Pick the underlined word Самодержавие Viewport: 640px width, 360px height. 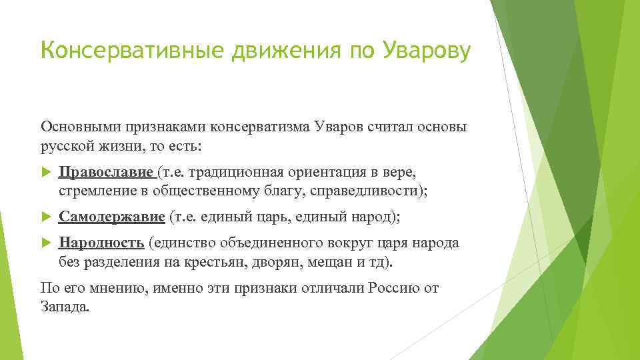pos(111,217)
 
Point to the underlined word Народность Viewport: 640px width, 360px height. pos(101,243)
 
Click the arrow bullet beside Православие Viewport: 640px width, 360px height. pos(46,173)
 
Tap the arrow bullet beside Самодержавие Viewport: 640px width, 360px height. pos(46,217)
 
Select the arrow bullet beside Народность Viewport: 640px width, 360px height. pos(46,243)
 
